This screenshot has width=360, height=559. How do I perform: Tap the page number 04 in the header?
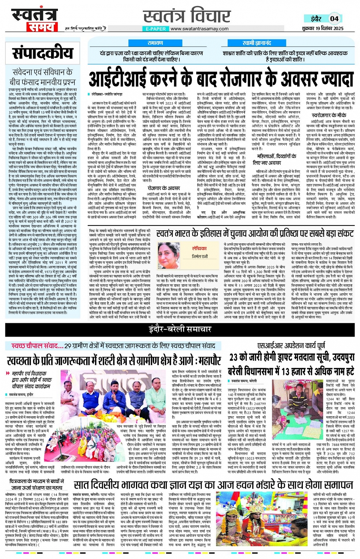pyautogui.click(x=334, y=18)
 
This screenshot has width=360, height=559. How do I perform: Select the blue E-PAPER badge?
pyautogui.click(x=156, y=29)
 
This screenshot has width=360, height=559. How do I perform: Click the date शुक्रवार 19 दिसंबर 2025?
pyautogui.click(x=323, y=28)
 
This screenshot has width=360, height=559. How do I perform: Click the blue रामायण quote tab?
pyautogui.click(x=155, y=43)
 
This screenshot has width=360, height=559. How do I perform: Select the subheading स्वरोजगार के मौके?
pyautogui.click(x=329, y=115)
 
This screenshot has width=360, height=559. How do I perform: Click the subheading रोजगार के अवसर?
pyautogui.click(x=163, y=188)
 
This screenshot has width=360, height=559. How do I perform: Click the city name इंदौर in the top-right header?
pyautogui.click(x=316, y=18)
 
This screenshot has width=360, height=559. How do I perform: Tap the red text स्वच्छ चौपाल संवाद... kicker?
pyautogui.click(x=37, y=346)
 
